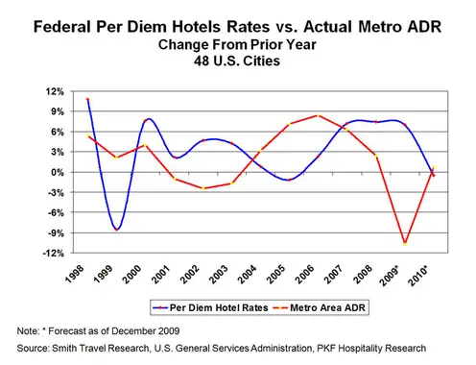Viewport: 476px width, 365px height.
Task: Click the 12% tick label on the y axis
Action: coord(55,92)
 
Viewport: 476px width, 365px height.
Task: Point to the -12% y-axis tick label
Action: coord(54,254)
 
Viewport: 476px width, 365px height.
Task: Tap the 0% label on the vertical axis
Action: coord(57,172)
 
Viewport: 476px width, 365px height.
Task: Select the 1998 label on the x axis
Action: coord(75,274)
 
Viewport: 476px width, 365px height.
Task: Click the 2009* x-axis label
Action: coord(390,275)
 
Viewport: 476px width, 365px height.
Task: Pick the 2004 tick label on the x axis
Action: coord(248,274)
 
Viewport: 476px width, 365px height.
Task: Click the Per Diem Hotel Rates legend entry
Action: coord(210,308)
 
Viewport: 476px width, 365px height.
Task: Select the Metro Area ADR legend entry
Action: coord(320,308)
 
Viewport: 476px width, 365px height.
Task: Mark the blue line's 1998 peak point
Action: coord(87,99)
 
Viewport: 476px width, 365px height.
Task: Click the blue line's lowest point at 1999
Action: coord(116,230)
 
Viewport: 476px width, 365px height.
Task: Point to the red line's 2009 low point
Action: coord(405,244)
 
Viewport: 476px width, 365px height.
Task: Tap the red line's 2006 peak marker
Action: coord(319,115)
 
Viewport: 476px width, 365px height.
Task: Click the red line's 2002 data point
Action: coord(203,188)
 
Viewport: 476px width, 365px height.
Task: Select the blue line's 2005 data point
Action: coord(289,180)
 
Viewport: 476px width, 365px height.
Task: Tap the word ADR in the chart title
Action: coord(424,27)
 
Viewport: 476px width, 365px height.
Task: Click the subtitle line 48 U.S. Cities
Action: coord(237,61)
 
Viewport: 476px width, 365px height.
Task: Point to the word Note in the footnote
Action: coord(27,331)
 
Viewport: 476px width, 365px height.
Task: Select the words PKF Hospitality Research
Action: coord(371,348)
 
